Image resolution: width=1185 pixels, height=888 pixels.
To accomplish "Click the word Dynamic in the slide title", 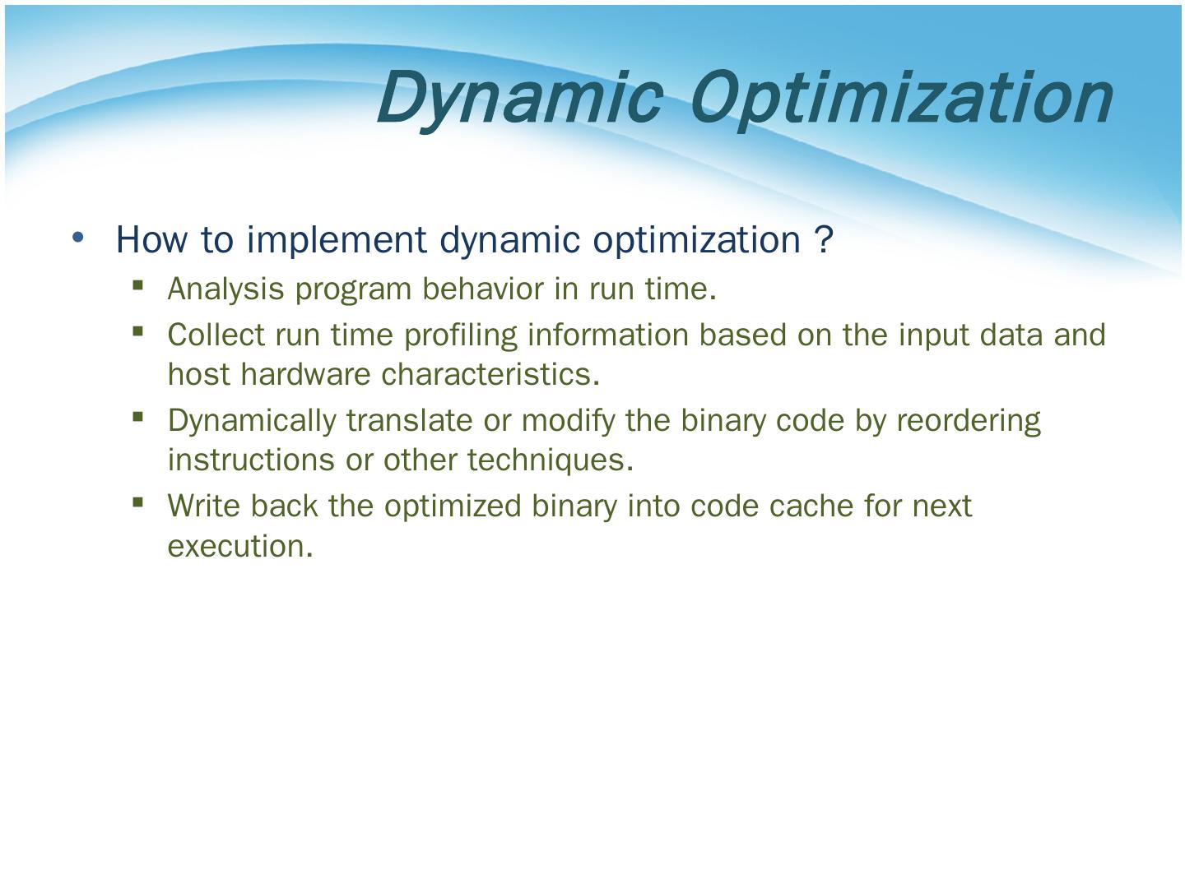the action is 520,99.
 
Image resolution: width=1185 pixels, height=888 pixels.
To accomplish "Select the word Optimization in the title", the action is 902,99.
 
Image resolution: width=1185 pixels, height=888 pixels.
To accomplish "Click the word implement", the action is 337,239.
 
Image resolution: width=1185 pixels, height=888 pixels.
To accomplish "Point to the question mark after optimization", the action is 824,239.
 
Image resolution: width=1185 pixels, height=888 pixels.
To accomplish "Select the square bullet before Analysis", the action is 137,284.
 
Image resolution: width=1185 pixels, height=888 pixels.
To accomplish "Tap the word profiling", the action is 461,335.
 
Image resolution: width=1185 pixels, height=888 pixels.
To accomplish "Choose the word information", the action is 608,335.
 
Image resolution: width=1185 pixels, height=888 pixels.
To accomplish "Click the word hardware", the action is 305,374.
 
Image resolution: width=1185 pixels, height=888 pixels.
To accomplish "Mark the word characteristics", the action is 490,374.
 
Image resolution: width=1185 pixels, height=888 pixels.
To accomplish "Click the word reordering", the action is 969,421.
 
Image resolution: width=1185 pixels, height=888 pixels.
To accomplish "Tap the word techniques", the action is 551,460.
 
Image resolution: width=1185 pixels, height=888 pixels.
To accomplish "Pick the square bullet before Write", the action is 137,502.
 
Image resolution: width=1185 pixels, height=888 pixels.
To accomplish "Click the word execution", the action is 240,546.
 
